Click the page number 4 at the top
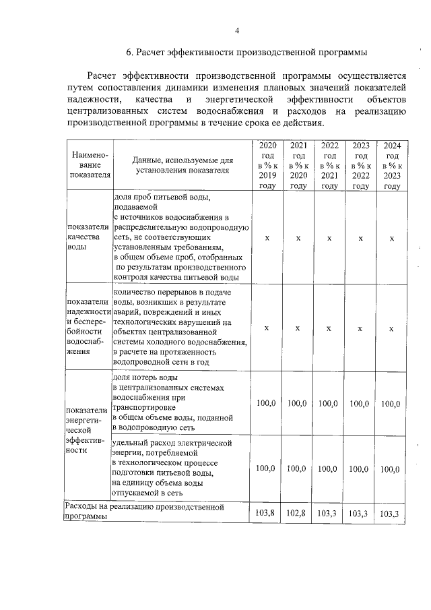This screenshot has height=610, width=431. pyautogui.click(x=237, y=30)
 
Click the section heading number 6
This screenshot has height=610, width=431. pyautogui.click(x=129, y=52)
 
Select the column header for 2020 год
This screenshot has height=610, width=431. pyautogui.click(x=267, y=165)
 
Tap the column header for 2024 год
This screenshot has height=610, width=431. pyautogui.click(x=391, y=165)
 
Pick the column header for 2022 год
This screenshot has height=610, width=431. pyautogui.click(x=329, y=165)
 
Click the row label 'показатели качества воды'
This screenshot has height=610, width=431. pyautogui.click(x=84, y=238)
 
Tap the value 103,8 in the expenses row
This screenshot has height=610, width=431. pyautogui.click(x=267, y=513)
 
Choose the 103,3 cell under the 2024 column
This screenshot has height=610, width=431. pyautogui.click(x=391, y=514)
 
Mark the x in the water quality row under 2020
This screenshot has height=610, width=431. pyautogui.click(x=267, y=238)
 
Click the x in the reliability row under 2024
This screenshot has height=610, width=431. pyautogui.click(x=391, y=328)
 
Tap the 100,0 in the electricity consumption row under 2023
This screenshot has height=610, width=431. pyautogui.click(x=360, y=469)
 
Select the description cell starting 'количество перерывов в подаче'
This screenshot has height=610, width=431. pyautogui.click(x=180, y=328)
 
